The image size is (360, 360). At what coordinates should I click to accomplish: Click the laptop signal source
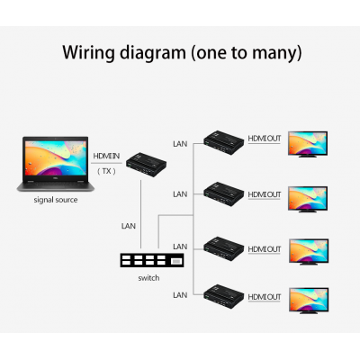coord(56,164)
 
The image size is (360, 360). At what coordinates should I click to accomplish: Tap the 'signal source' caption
coord(56,200)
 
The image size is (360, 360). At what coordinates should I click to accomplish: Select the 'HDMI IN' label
coord(106,156)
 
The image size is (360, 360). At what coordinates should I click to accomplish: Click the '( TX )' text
coord(106,171)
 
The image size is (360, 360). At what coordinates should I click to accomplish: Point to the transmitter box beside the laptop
coord(146,165)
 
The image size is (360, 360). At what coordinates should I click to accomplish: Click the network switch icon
coord(152,260)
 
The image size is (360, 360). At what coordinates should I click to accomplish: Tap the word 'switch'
coord(148,278)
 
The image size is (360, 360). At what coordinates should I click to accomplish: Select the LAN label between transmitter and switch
coord(129,226)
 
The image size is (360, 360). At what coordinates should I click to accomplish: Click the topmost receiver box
coord(224,142)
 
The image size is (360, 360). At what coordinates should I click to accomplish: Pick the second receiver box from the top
coord(224,194)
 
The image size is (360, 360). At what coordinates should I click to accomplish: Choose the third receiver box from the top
coord(224,248)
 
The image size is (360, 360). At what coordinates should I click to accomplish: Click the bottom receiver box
coord(224,296)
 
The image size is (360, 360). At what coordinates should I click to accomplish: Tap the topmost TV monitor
coord(308,144)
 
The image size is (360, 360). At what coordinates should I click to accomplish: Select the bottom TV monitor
coord(309,301)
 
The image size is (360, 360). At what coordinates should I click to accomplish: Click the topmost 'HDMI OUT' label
coord(265,139)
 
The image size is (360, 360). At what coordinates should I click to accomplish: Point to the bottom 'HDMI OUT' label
coord(265,297)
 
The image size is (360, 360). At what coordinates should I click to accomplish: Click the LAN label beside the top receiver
coord(180,144)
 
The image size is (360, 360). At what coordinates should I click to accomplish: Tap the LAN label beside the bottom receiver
coord(180,295)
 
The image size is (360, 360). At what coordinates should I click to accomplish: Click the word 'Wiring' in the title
coord(88,53)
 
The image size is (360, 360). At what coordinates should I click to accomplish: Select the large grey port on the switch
coord(176,262)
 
